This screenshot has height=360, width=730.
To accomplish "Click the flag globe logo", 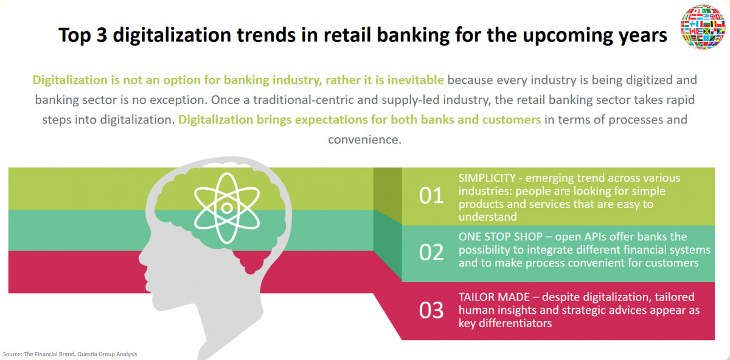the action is click(703, 27).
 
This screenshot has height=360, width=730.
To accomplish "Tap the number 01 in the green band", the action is click(431, 196).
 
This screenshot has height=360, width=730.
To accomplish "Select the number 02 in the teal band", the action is click(431, 252).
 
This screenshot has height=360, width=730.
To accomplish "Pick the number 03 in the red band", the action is click(431, 310).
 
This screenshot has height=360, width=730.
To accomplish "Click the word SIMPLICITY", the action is click(487, 178).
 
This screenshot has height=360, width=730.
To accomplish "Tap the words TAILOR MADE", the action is click(494, 297).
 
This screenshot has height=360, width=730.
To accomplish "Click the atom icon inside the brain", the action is click(227, 208).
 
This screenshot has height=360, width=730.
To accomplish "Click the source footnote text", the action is click(70, 354).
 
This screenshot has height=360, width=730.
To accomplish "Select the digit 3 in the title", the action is click(102, 35).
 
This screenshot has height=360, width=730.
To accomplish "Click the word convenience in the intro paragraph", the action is click(364, 140).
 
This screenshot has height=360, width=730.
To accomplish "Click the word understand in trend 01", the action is click(487, 216).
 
